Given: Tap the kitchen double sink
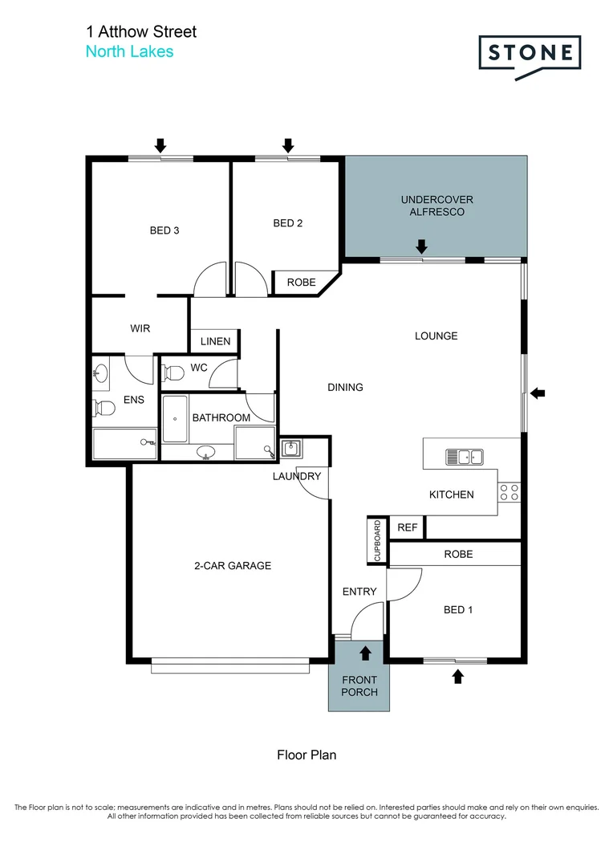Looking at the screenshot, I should point(464,457).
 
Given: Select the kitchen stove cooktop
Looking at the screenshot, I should point(509,492).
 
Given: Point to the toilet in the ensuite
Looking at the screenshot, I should point(104,409).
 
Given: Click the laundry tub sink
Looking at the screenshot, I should point(290,449).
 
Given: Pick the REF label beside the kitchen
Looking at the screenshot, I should point(408,527).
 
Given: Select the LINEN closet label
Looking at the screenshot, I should point(215,341).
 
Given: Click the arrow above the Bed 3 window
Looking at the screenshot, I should point(160,145).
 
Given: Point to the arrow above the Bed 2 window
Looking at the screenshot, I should point(287,145).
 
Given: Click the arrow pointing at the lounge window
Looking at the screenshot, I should point(538,393).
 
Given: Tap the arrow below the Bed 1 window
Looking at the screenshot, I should point(457,677).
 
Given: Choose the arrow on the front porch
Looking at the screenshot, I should point(366,653).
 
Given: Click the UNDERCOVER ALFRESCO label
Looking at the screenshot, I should point(437,206).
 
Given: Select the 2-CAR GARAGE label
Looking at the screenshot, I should point(233,565).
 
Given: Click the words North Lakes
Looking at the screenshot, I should point(129,51).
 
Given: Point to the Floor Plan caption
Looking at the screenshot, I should point(306,755).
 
